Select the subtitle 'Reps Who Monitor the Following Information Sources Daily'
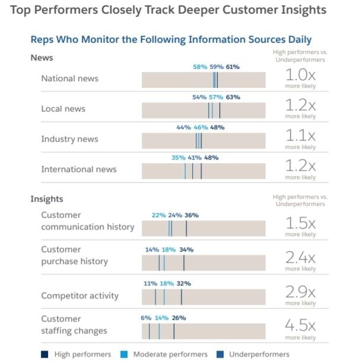click(171, 40)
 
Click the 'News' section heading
click(42, 58)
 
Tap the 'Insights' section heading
click(46, 199)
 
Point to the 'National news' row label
click(69, 78)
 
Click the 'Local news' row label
click(63, 109)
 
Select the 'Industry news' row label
click(69, 139)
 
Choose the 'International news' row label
click(79, 169)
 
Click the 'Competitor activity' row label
click(79, 295)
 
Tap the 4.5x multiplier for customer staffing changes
click(300, 326)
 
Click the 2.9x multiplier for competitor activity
click(300, 291)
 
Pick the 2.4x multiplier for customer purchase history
click(300, 257)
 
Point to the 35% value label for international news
click(178, 158)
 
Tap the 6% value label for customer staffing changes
click(146, 318)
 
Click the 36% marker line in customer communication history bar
click(186, 228)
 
